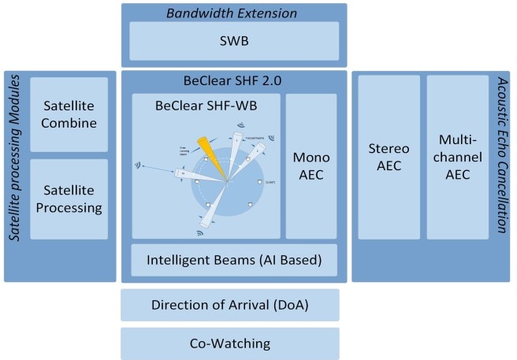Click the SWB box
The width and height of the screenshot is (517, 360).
[x=234, y=40]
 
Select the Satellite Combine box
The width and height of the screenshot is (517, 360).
[x=69, y=113]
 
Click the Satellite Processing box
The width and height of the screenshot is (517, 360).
[x=69, y=199]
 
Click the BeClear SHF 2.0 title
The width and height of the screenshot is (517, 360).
[x=234, y=81]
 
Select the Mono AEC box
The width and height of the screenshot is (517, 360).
[x=311, y=165]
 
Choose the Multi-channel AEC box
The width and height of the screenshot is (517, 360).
[x=458, y=158]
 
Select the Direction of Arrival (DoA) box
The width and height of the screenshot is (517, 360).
[x=229, y=305]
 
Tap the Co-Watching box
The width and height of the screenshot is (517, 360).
[x=229, y=343]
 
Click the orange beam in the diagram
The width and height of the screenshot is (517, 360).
[x=213, y=154]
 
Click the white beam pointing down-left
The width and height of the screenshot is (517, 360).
[x=210, y=209]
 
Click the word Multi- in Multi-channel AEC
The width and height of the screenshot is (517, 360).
[x=458, y=139]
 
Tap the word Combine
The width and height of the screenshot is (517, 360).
[x=69, y=123]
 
